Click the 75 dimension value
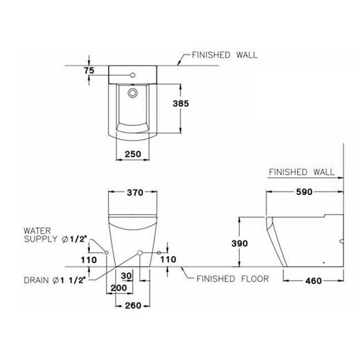click(x=89, y=71)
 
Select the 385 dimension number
click(x=181, y=104)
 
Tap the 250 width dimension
click(x=133, y=154)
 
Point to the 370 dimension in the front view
click(x=135, y=192)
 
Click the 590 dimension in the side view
click(x=304, y=192)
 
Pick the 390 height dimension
click(x=240, y=243)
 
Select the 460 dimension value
click(x=314, y=280)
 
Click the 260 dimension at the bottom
click(x=133, y=305)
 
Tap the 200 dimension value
click(x=119, y=288)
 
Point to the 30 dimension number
click(x=126, y=276)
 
